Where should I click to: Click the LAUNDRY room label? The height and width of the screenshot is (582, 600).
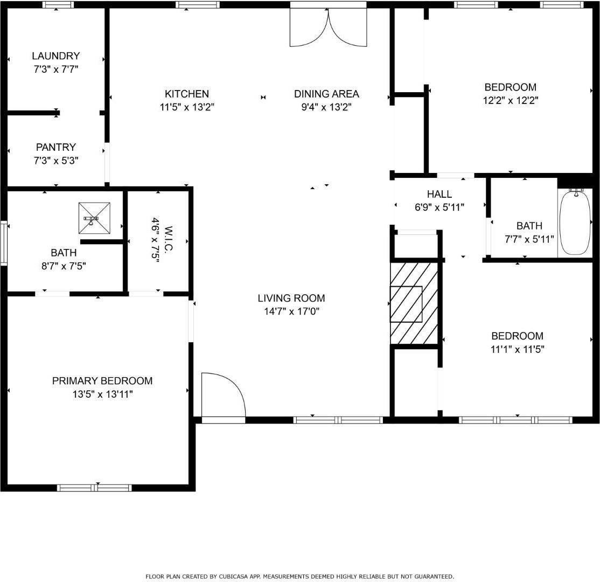click(55, 56)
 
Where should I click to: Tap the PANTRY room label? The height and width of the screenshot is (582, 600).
click(55, 147)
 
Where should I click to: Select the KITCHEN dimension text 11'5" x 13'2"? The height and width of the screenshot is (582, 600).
click(187, 107)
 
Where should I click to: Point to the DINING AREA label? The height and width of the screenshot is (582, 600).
click(326, 94)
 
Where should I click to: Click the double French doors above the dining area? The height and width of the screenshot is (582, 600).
click(328, 27)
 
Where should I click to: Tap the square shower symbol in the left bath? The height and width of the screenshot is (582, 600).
click(94, 218)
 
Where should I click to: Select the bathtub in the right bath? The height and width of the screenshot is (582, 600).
click(575, 221)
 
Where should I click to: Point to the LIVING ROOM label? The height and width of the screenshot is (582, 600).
click(291, 298)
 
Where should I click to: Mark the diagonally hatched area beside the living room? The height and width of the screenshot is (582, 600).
click(414, 303)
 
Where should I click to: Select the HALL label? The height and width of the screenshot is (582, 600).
click(439, 194)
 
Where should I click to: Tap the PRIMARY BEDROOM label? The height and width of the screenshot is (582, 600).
click(102, 381)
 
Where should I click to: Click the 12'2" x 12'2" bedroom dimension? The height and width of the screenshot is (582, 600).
click(510, 100)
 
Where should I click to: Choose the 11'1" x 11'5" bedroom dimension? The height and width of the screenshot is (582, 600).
click(517, 349)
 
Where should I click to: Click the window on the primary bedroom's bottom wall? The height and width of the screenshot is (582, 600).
click(94, 488)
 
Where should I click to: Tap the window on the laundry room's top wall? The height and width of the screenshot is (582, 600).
click(58, 5)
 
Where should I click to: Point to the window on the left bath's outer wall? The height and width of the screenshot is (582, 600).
click(3, 243)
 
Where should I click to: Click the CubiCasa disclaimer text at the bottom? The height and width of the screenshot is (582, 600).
click(299, 577)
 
